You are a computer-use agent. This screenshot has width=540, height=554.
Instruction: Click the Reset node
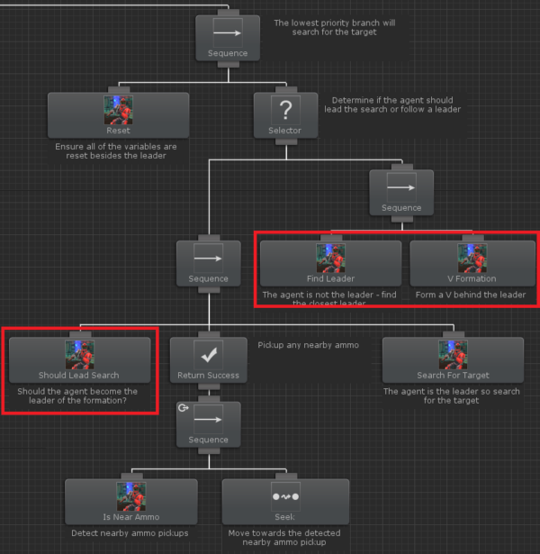coord(118,114)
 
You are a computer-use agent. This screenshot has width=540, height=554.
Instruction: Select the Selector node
coord(285,114)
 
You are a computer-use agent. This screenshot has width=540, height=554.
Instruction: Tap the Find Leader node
coord(330,262)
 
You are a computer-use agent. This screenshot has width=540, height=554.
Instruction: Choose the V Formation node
coord(472,262)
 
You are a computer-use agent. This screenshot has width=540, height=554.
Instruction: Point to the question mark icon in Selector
coord(285,109)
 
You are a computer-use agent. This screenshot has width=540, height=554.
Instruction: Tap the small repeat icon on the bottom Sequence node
coord(184,407)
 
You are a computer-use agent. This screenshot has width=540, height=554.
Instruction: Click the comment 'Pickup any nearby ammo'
coord(308,345)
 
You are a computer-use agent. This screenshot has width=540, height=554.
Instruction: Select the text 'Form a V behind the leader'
coord(471,295)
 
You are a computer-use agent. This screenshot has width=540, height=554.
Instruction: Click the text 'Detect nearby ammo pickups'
coord(130,532)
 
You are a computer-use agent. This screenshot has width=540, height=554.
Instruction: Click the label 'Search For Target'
coord(453,375)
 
